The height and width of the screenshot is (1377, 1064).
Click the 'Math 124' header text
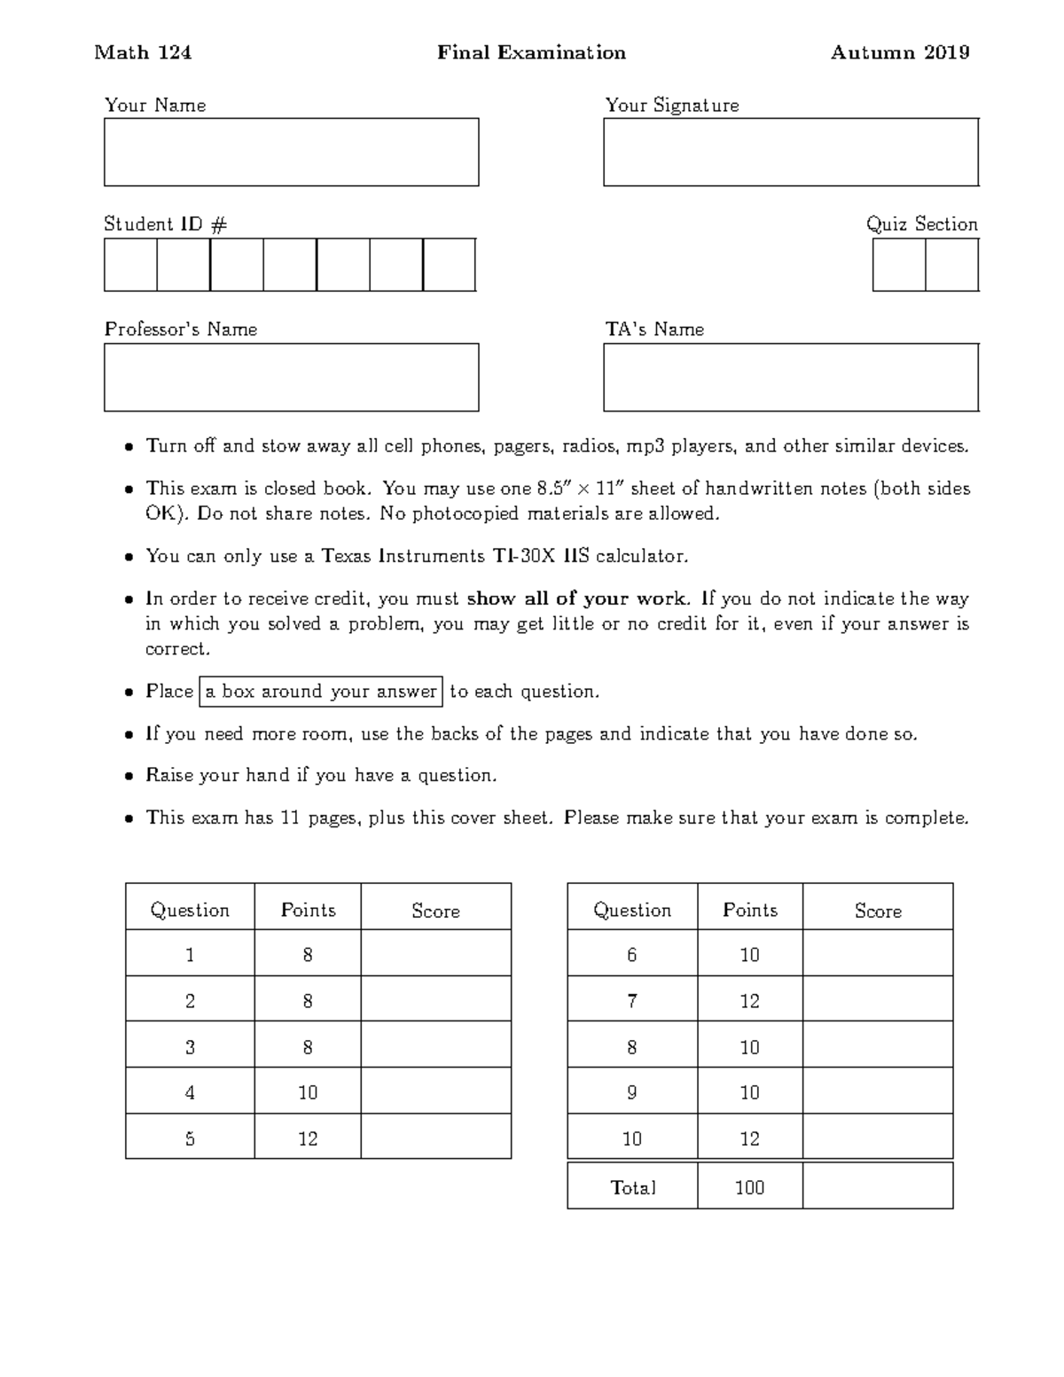pyautogui.click(x=143, y=52)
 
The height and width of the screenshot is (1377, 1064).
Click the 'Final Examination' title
pyautogui.click(x=531, y=52)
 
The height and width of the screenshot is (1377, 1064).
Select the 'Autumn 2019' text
pyautogui.click(x=899, y=52)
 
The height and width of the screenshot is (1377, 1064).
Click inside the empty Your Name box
pyautogui.click(x=291, y=152)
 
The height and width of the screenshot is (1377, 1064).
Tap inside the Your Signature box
pyautogui.click(x=790, y=152)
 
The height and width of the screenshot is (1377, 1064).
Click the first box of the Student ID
pyautogui.click(x=130, y=264)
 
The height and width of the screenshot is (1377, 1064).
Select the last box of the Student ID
pyautogui.click(x=450, y=264)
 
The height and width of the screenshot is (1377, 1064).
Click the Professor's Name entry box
pyautogui.click(x=291, y=377)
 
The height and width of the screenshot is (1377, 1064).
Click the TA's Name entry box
pyautogui.click(x=790, y=377)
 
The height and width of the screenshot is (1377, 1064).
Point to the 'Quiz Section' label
pyautogui.click(x=921, y=223)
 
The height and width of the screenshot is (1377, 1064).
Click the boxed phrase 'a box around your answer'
pyautogui.click(x=321, y=691)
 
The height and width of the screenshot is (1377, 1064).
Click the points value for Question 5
pyautogui.click(x=307, y=1138)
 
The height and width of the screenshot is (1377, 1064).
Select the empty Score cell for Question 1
pyautogui.click(x=435, y=954)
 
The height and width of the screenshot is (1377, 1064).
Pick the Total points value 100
pyautogui.click(x=749, y=1186)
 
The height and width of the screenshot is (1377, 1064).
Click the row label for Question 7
pyautogui.click(x=631, y=1000)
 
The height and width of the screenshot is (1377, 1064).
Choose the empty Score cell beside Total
pyautogui.click(x=877, y=1186)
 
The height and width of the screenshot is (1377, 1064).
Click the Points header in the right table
pyautogui.click(x=749, y=910)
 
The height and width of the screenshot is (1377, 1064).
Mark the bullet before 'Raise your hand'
pyautogui.click(x=129, y=776)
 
